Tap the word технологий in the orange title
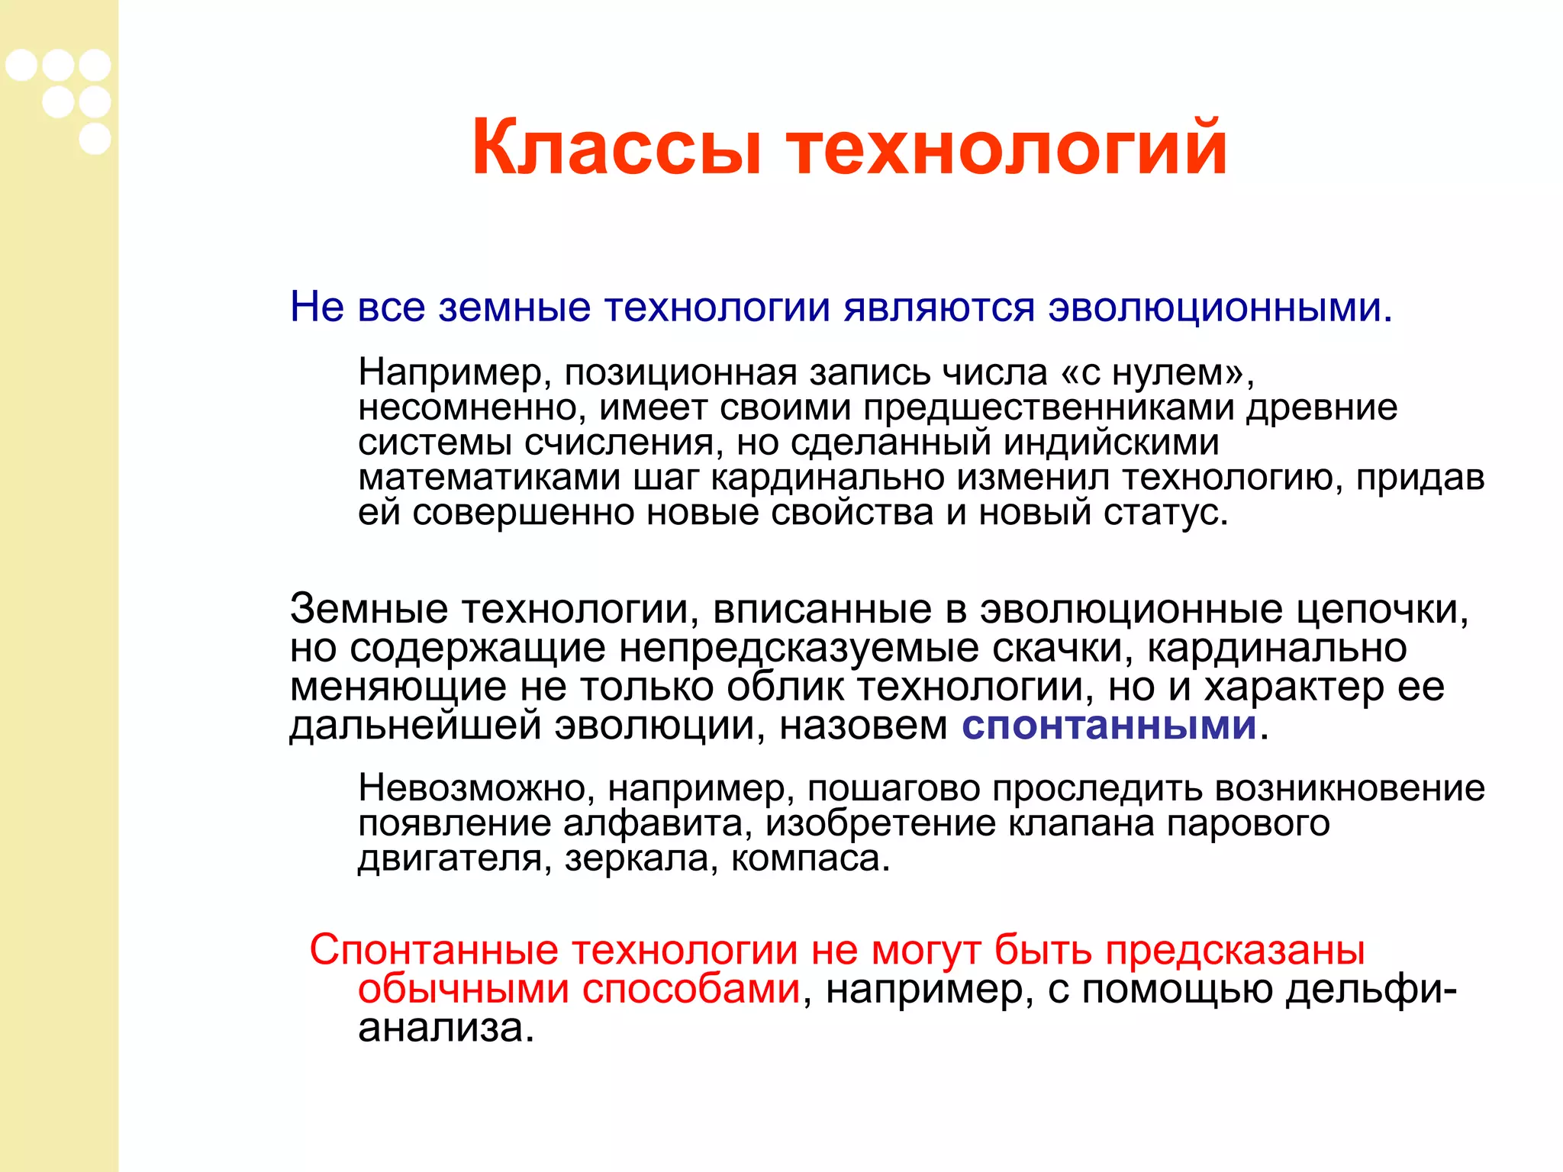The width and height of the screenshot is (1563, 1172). coord(1007,147)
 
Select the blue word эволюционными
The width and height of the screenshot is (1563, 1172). coord(1220,308)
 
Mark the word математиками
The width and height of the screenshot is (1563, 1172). coord(489,478)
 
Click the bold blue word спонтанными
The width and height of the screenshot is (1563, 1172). coord(1108,726)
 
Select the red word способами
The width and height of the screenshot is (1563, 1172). coord(691,990)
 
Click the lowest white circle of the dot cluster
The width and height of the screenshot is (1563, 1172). coord(95,139)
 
